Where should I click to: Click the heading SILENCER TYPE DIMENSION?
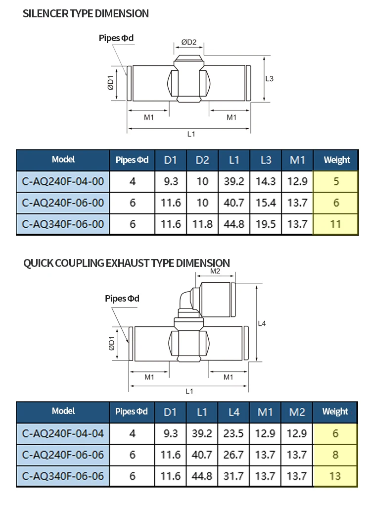[x=86, y=14]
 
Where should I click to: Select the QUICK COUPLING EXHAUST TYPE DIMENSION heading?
[x=127, y=262]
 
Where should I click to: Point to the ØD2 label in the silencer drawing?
[x=188, y=43]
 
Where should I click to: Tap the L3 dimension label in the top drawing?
[x=269, y=79]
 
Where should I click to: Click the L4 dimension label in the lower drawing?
[x=262, y=323]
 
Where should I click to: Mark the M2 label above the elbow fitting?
[x=215, y=271]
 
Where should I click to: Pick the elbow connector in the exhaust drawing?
[x=188, y=300]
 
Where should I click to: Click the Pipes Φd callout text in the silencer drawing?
[x=116, y=38]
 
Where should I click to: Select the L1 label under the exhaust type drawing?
[x=189, y=391]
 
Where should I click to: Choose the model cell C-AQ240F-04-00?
[x=63, y=181]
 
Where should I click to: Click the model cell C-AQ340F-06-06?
[x=63, y=476]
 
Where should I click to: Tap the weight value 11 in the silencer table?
[x=336, y=224]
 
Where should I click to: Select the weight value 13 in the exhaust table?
[x=335, y=476]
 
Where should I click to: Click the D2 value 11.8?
[x=202, y=224]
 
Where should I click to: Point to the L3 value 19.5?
[x=266, y=224]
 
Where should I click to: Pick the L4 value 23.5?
[x=233, y=433]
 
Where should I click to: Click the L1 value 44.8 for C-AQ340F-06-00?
[x=234, y=224]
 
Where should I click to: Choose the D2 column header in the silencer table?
[x=202, y=160]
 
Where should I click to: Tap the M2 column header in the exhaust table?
[x=297, y=412]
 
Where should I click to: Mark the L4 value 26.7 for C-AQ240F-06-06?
[x=233, y=455]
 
